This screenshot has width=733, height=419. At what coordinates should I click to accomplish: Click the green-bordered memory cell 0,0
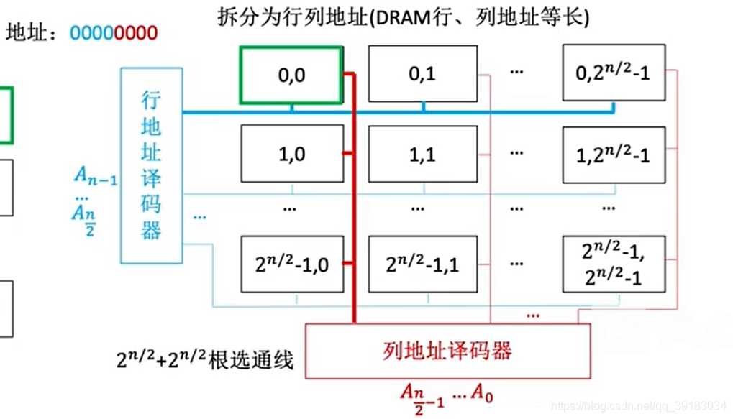click(291, 75)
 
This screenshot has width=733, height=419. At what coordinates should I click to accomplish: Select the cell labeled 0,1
click(422, 73)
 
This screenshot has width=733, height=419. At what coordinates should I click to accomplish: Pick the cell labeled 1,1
click(422, 153)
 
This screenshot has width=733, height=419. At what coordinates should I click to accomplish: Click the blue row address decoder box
click(151, 166)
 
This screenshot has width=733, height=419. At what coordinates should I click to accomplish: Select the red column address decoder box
click(447, 351)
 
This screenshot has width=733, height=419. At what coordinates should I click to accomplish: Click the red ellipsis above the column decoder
click(534, 314)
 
